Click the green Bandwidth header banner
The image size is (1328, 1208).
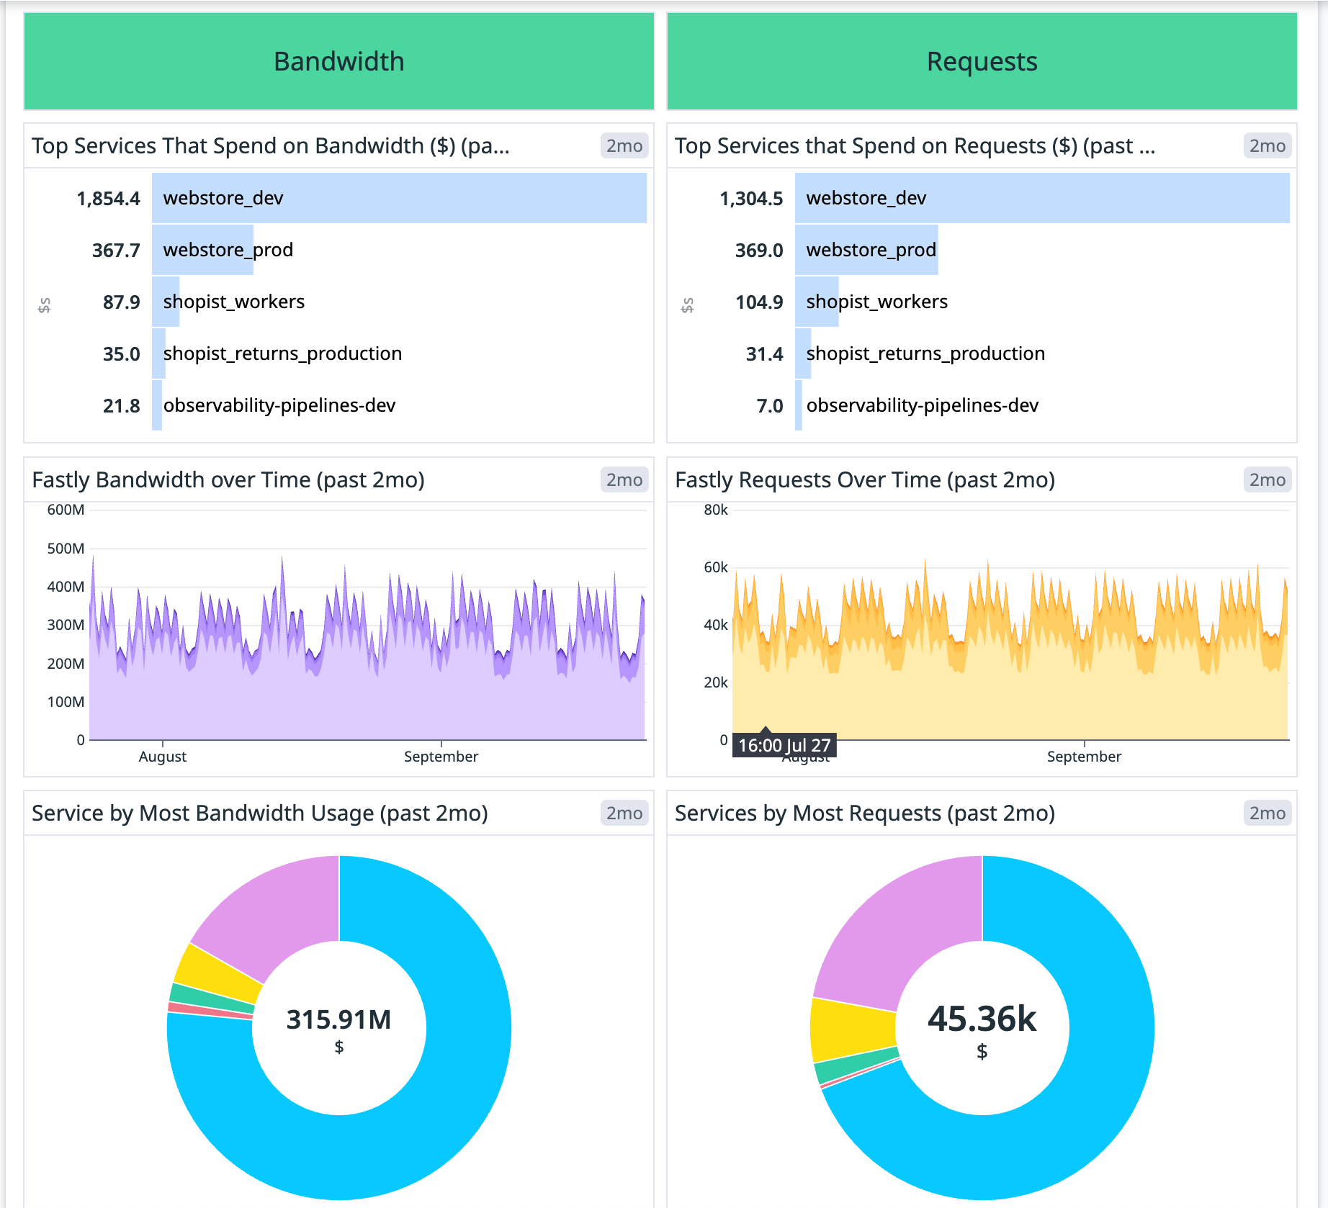(x=338, y=61)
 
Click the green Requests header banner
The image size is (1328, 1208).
(x=982, y=61)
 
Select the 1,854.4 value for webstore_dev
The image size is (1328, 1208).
(x=109, y=199)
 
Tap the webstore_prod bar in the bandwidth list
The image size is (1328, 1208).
(x=203, y=250)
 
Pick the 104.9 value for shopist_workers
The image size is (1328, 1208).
(x=759, y=302)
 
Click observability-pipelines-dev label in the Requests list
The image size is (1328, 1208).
(x=922, y=405)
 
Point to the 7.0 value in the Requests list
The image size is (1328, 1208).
(x=769, y=406)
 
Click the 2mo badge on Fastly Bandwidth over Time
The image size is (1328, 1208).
(x=624, y=480)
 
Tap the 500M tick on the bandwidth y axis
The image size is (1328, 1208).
(x=66, y=549)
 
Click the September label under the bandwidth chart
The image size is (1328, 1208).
(x=441, y=757)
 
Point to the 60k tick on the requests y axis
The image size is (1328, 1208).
(x=716, y=567)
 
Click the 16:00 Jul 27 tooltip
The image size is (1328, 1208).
(x=784, y=745)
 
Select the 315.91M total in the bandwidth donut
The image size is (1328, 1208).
(x=338, y=1019)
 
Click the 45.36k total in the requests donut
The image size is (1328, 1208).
(x=982, y=1019)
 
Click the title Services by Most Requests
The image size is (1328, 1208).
(x=864, y=813)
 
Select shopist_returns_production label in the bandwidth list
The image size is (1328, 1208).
(x=282, y=353)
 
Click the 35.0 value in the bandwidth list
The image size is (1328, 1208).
(x=121, y=354)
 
